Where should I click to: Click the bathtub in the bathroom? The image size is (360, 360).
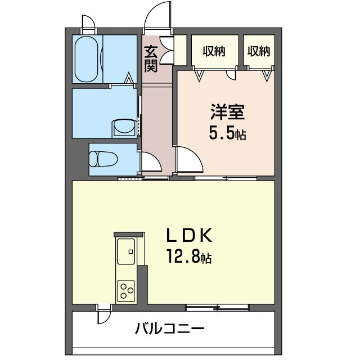click(x=86, y=59)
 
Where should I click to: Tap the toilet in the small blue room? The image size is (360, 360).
click(x=103, y=159)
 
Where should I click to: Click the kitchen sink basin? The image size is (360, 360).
click(x=126, y=251)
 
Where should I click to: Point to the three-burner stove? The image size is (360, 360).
click(x=126, y=291)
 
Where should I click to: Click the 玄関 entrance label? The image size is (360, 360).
click(x=151, y=59)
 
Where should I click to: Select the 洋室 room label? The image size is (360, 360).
click(x=227, y=112)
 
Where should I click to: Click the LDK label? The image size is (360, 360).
click(x=189, y=235)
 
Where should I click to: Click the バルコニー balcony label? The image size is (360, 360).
click(x=169, y=328)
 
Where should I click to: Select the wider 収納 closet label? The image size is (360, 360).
click(x=214, y=51)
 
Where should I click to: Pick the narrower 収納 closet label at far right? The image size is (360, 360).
click(x=259, y=51)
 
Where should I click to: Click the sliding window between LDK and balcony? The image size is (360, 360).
click(x=217, y=308)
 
